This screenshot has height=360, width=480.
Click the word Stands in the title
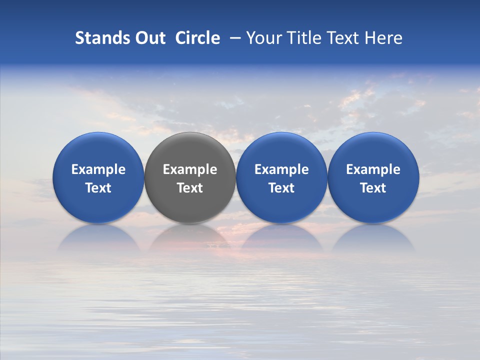coord(101,38)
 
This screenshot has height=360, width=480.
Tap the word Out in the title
coord(149,38)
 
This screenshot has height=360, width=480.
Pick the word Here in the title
coord(383,38)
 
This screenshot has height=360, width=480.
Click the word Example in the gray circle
coord(190,170)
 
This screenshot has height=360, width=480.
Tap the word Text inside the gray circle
coord(190,188)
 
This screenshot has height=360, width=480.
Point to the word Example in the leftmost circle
coord(98,170)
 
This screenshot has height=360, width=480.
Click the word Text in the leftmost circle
coord(98,188)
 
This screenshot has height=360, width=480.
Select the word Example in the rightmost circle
coord(373,170)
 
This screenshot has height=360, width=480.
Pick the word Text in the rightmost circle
coord(373,188)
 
